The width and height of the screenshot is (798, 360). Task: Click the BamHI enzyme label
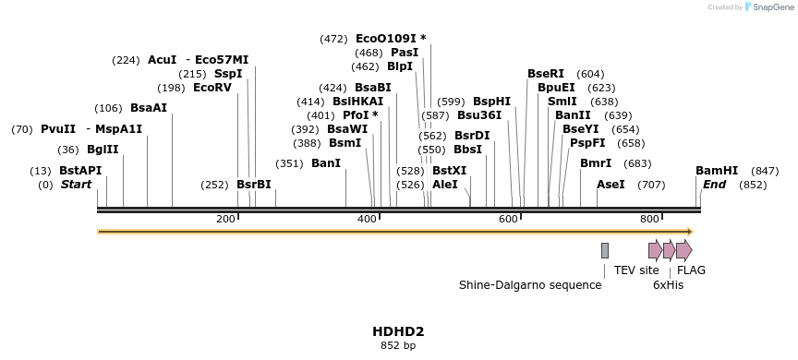pos(717,171)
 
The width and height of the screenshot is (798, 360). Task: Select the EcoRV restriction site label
pos(212,88)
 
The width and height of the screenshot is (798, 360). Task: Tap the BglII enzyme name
pos(102,150)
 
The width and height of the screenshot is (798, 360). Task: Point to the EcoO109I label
pos(386,39)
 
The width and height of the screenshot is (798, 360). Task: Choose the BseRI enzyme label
pos(545,74)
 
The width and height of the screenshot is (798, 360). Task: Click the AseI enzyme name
pos(611,185)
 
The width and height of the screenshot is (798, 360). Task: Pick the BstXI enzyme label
pos(450,171)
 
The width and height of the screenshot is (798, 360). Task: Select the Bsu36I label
pos(479,115)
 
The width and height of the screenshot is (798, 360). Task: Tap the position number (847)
pos(765,171)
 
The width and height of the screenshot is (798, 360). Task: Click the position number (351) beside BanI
pos(289,163)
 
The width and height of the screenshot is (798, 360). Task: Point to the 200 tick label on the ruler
pos(225,219)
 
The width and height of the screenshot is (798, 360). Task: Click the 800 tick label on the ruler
pos(649,219)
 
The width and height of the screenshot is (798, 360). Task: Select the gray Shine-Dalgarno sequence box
pos(605,250)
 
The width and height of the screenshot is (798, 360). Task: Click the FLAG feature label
pos(691,270)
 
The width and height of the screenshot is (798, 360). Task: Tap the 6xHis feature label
pos(668,285)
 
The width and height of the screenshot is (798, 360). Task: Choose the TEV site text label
pos(636,270)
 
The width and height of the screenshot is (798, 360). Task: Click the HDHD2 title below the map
pos(398,330)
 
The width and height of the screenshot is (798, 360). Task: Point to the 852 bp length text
pos(398,345)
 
